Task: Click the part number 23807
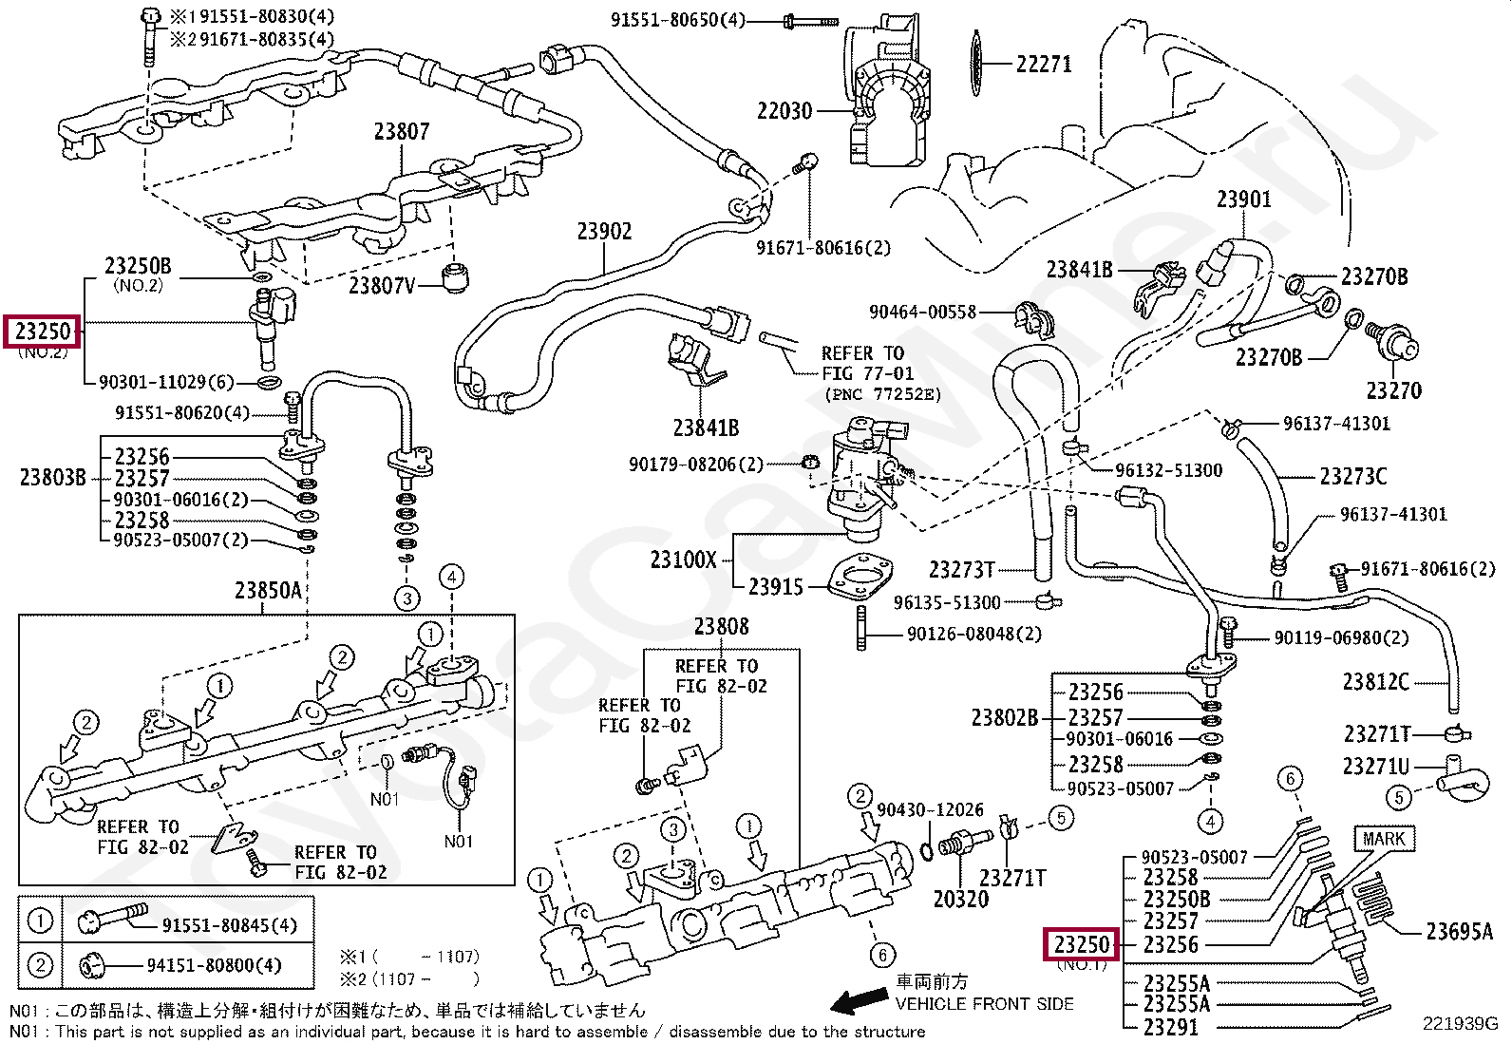(401, 131)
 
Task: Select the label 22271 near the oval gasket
(1043, 64)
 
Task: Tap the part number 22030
(784, 111)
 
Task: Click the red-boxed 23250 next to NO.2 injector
(43, 332)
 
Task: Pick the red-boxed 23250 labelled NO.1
(1082, 944)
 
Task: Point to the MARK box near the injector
(1383, 839)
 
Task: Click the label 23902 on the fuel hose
(604, 231)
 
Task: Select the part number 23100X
(683, 560)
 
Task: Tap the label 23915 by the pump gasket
(775, 587)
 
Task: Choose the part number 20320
(960, 899)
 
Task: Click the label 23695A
(1459, 932)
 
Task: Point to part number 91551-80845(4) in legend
(229, 925)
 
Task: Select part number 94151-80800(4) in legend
(214, 965)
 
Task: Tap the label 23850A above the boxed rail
(268, 591)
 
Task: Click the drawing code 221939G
(1459, 1023)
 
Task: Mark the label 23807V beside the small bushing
(381, 285)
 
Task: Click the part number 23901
(1243, 199)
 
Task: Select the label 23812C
(1375, 681)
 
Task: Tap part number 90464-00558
(922, 312)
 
